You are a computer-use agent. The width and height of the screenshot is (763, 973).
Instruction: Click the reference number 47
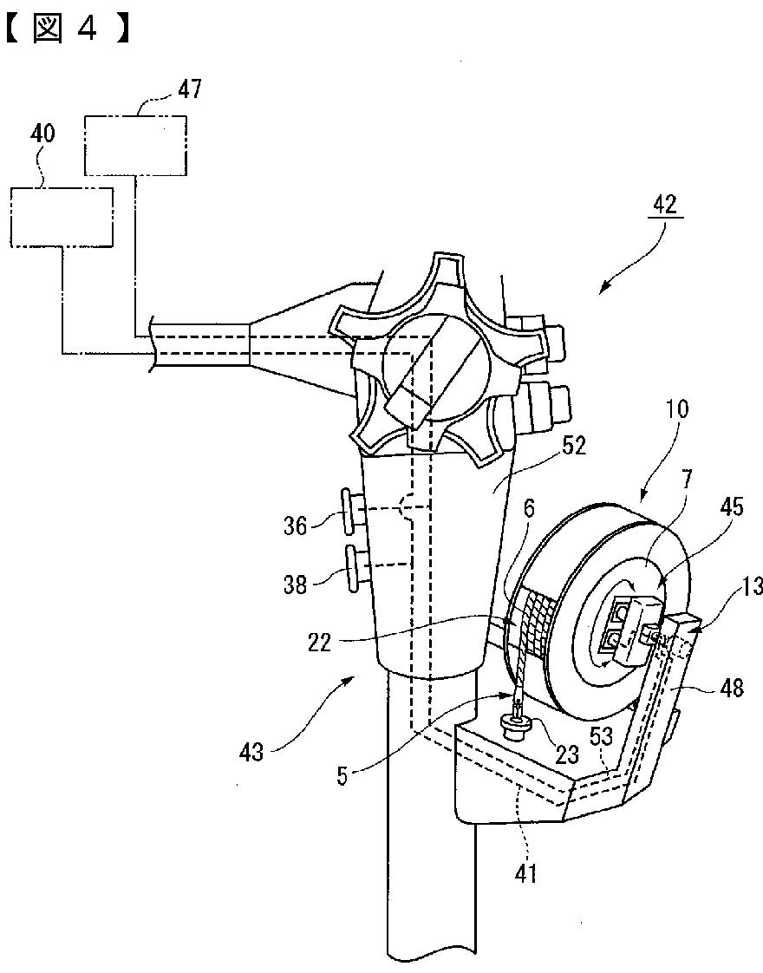coord(190,89)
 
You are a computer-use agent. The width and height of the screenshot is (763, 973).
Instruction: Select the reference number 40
coord(42,134)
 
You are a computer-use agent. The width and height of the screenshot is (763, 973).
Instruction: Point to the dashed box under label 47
coord(135,145)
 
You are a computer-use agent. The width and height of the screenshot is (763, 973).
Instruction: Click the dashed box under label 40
coord(62,217)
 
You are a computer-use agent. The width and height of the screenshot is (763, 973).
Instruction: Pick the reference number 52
coord(572,446)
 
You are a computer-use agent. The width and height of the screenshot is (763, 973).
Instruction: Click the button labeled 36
coord(351,510)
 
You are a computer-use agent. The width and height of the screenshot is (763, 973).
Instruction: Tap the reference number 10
coord(676,409)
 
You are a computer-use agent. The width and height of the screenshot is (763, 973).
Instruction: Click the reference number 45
coord(731,507)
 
